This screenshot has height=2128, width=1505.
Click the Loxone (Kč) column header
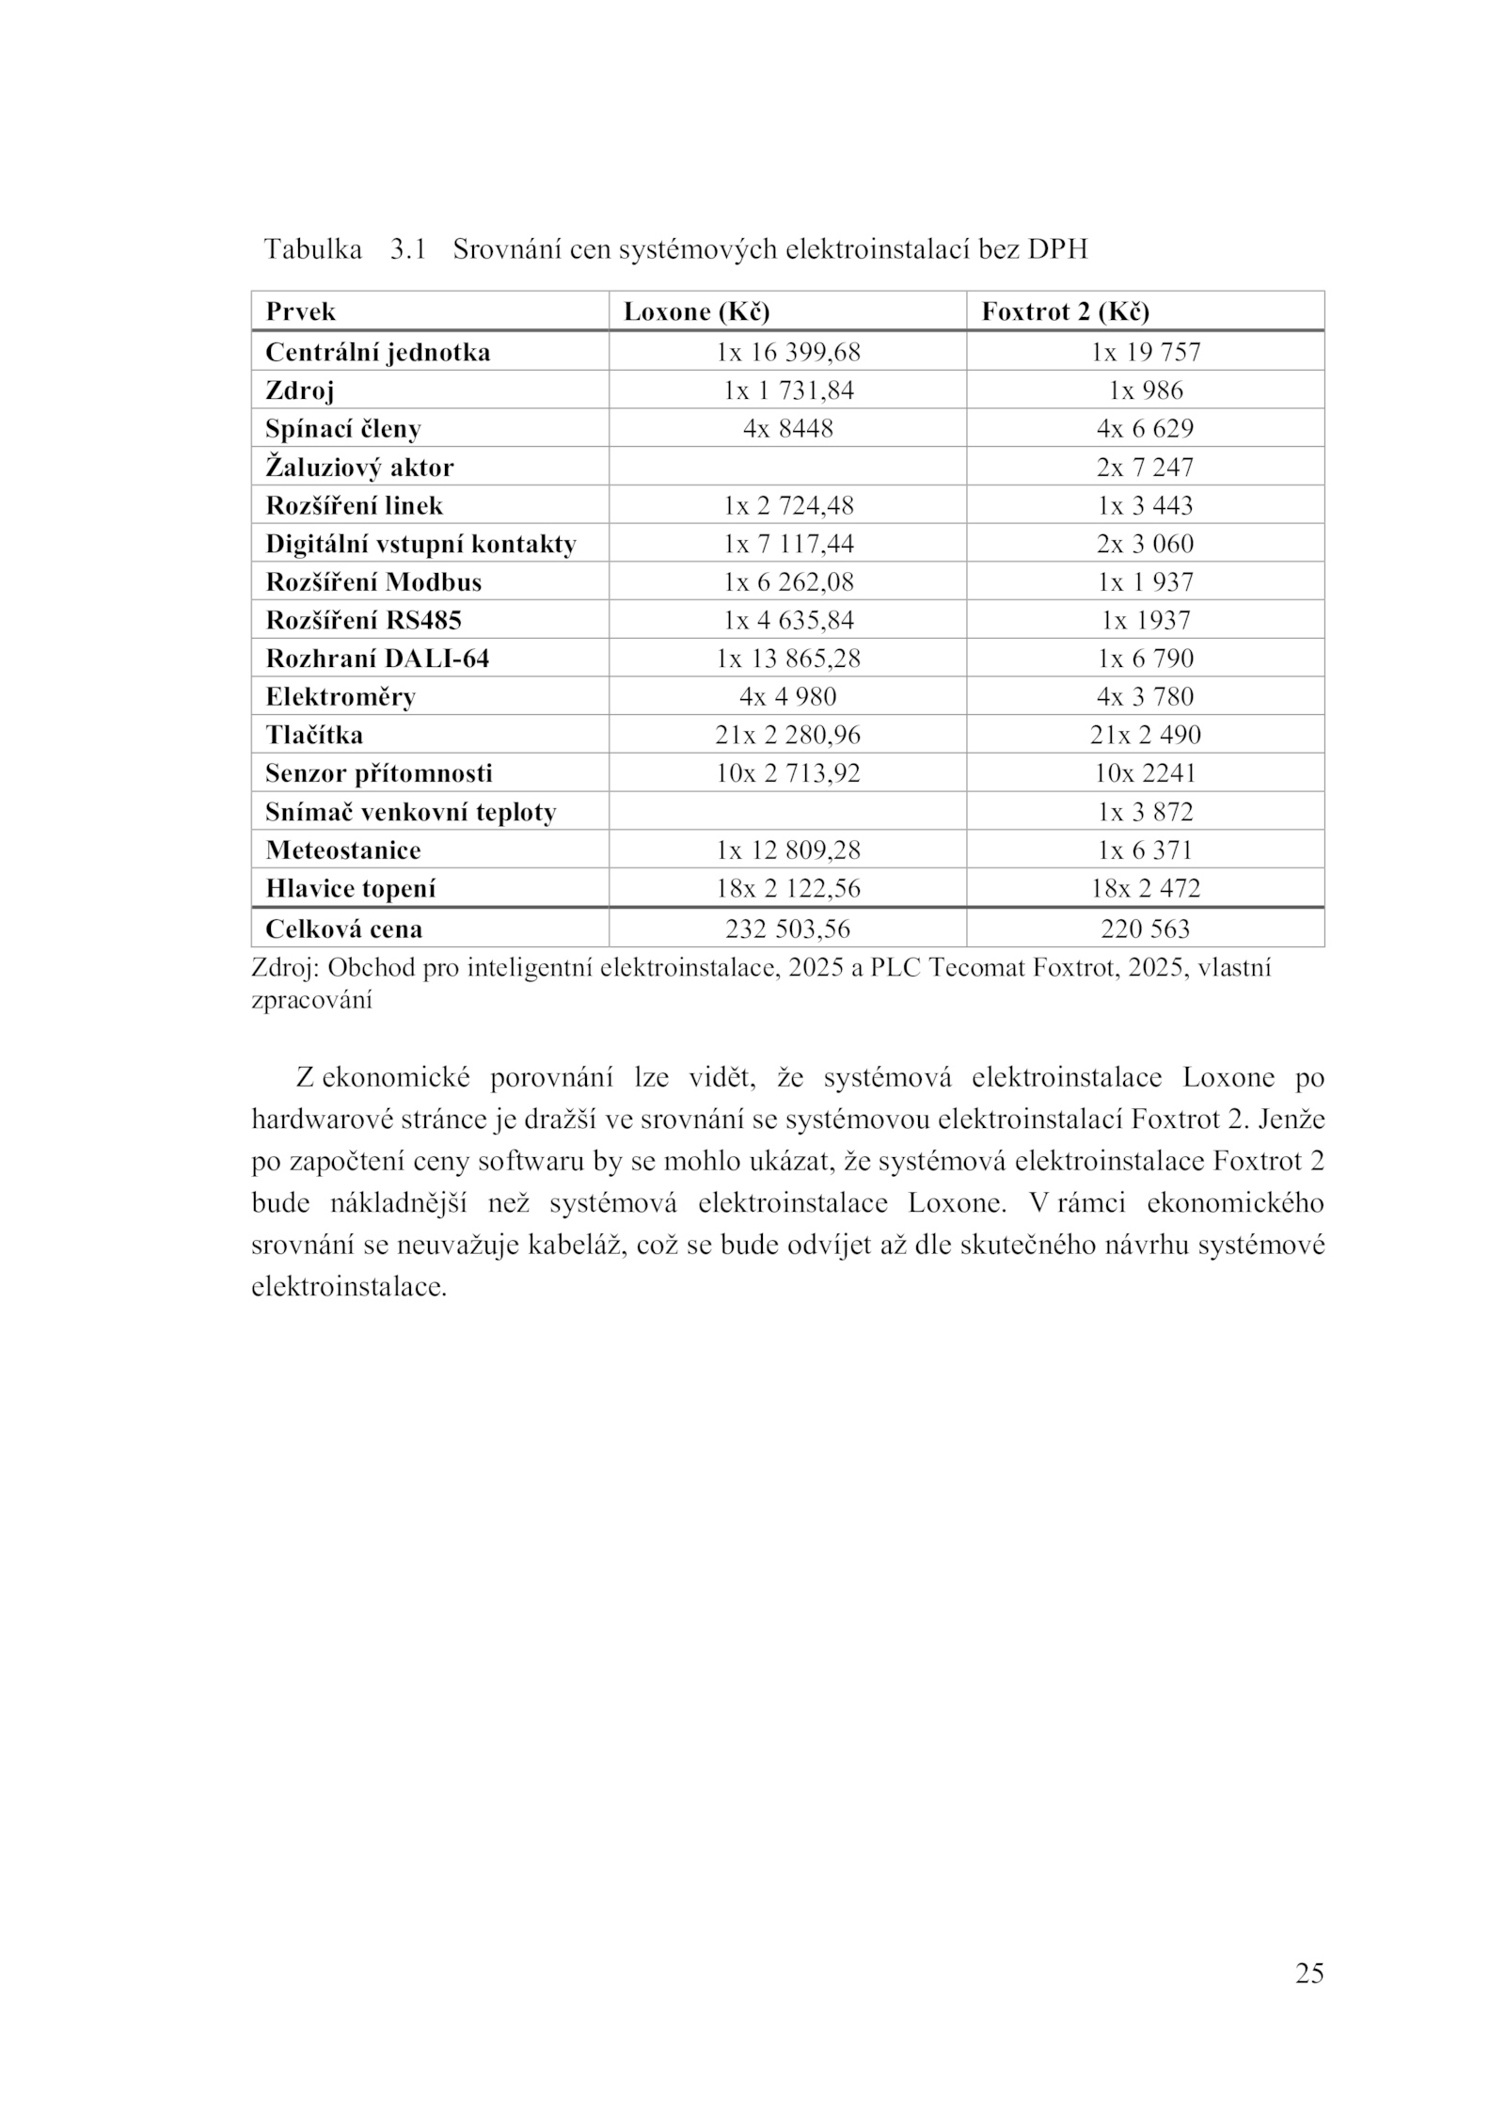[x=696, y=311]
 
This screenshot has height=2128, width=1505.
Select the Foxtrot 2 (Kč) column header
[x=1065, y=311]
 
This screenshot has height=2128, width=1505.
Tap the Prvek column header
[x=300, y=311]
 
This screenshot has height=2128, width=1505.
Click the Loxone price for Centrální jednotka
[x=787, y=353]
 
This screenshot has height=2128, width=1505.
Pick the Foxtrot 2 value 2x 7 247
[x=1145, y=468]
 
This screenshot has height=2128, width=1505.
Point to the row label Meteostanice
[x=342, y=850]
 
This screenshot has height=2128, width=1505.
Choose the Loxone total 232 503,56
[x=787, y=929]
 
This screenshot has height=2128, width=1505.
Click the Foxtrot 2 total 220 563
[x=1145, y=929]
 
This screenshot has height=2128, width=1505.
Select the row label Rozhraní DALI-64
[x=377, y=659]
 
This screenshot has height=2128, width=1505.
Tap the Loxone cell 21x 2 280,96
[x=787, y=735]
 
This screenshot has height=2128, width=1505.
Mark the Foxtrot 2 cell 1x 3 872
[x=1145, y=812]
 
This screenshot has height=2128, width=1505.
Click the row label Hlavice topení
[x=350, y=889]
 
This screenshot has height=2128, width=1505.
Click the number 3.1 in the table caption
[x=407, y=250]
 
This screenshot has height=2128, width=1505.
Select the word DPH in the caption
[x=1057, y=250]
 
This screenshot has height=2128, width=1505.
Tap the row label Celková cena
[x=343, y=929]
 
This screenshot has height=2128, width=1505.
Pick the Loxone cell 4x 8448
[x=787, y=429]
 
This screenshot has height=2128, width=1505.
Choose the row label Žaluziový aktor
[x=359, y=468]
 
